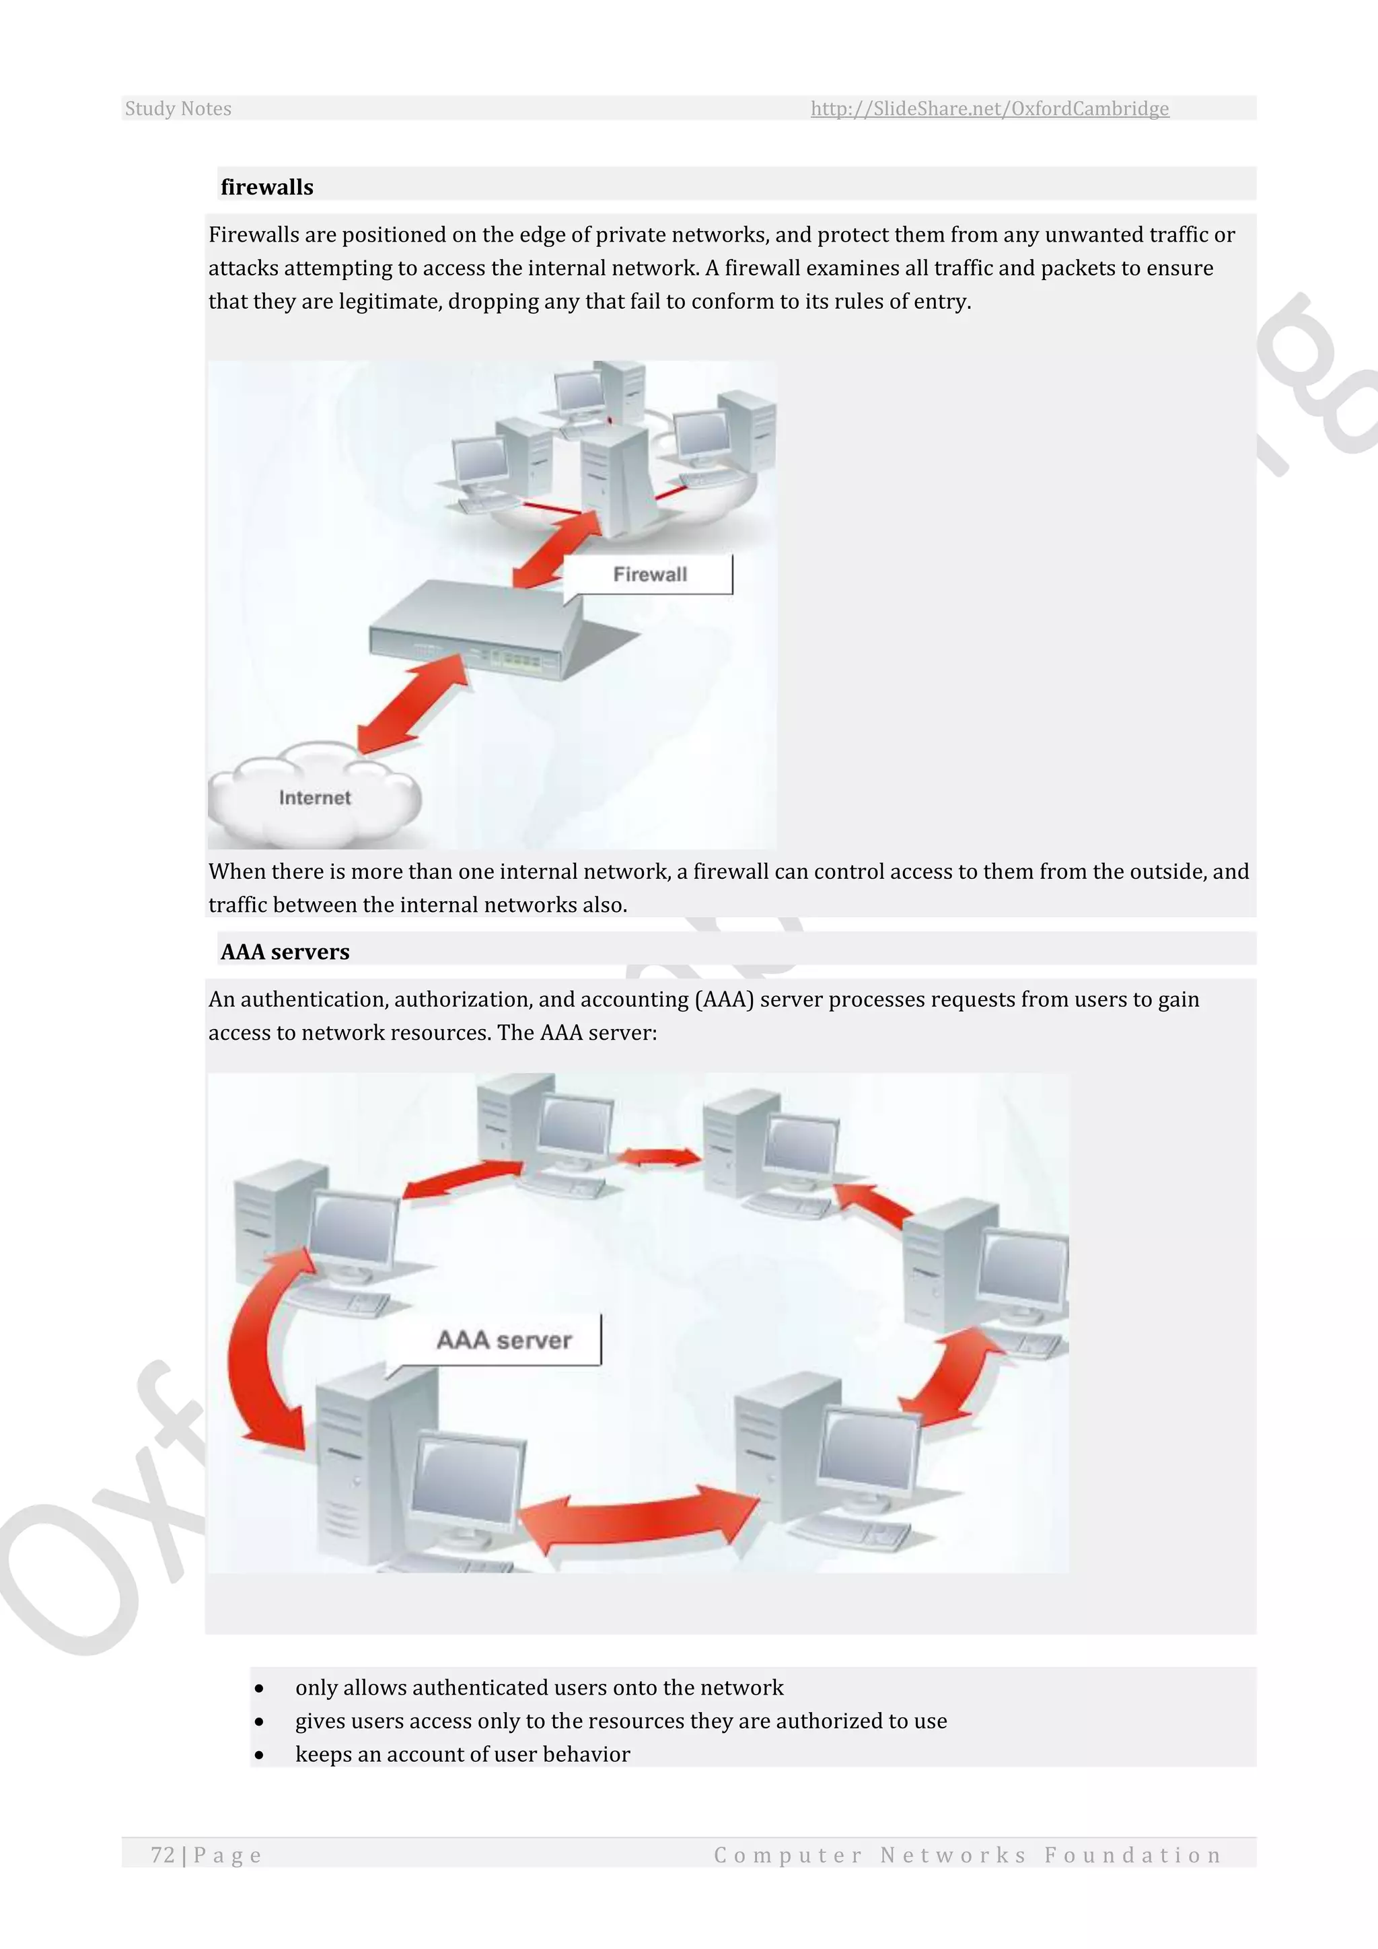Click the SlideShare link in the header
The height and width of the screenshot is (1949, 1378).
point(989,108)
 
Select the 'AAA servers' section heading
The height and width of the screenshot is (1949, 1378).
point(285,952)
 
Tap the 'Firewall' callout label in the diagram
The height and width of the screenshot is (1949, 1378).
point(650,575)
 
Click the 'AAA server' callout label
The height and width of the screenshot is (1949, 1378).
point(504,1341)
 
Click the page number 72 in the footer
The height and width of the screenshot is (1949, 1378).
point(162,1855)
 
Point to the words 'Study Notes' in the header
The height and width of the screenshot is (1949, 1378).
point(178,108)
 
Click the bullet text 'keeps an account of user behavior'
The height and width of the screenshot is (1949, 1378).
point(462,1754)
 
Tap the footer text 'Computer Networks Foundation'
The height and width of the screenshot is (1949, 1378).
point(968,1855)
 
